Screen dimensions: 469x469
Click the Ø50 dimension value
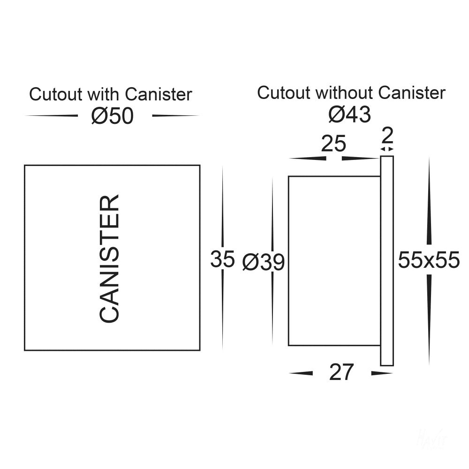click(113, 116)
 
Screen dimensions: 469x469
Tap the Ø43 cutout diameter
click(349, 114)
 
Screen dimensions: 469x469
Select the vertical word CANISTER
click(110, 258)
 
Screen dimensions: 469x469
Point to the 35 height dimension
click(222, 259)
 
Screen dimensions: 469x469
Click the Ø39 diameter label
click(263, 263)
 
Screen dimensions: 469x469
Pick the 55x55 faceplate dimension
click(429, 260)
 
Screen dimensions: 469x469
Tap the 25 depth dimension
click(333, 144)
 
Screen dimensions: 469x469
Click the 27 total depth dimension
click(341, 373)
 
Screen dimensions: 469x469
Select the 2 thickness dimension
click(387, 136)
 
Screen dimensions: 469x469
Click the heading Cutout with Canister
click(111, 94)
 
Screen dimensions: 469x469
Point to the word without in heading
click(345, 93)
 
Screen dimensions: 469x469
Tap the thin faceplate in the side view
click(387, 261)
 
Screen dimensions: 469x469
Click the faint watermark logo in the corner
click(432, 439)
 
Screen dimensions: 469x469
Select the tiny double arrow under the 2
click(387, 149)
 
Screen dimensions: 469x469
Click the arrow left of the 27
click(301, 373)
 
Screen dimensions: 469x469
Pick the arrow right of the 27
click(381, 373)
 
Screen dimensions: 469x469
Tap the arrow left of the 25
click(308, 159)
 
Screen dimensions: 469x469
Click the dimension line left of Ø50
click(52, 115)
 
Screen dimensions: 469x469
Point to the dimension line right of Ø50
click(175, 115)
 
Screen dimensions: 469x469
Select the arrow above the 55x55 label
click(429, 202)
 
